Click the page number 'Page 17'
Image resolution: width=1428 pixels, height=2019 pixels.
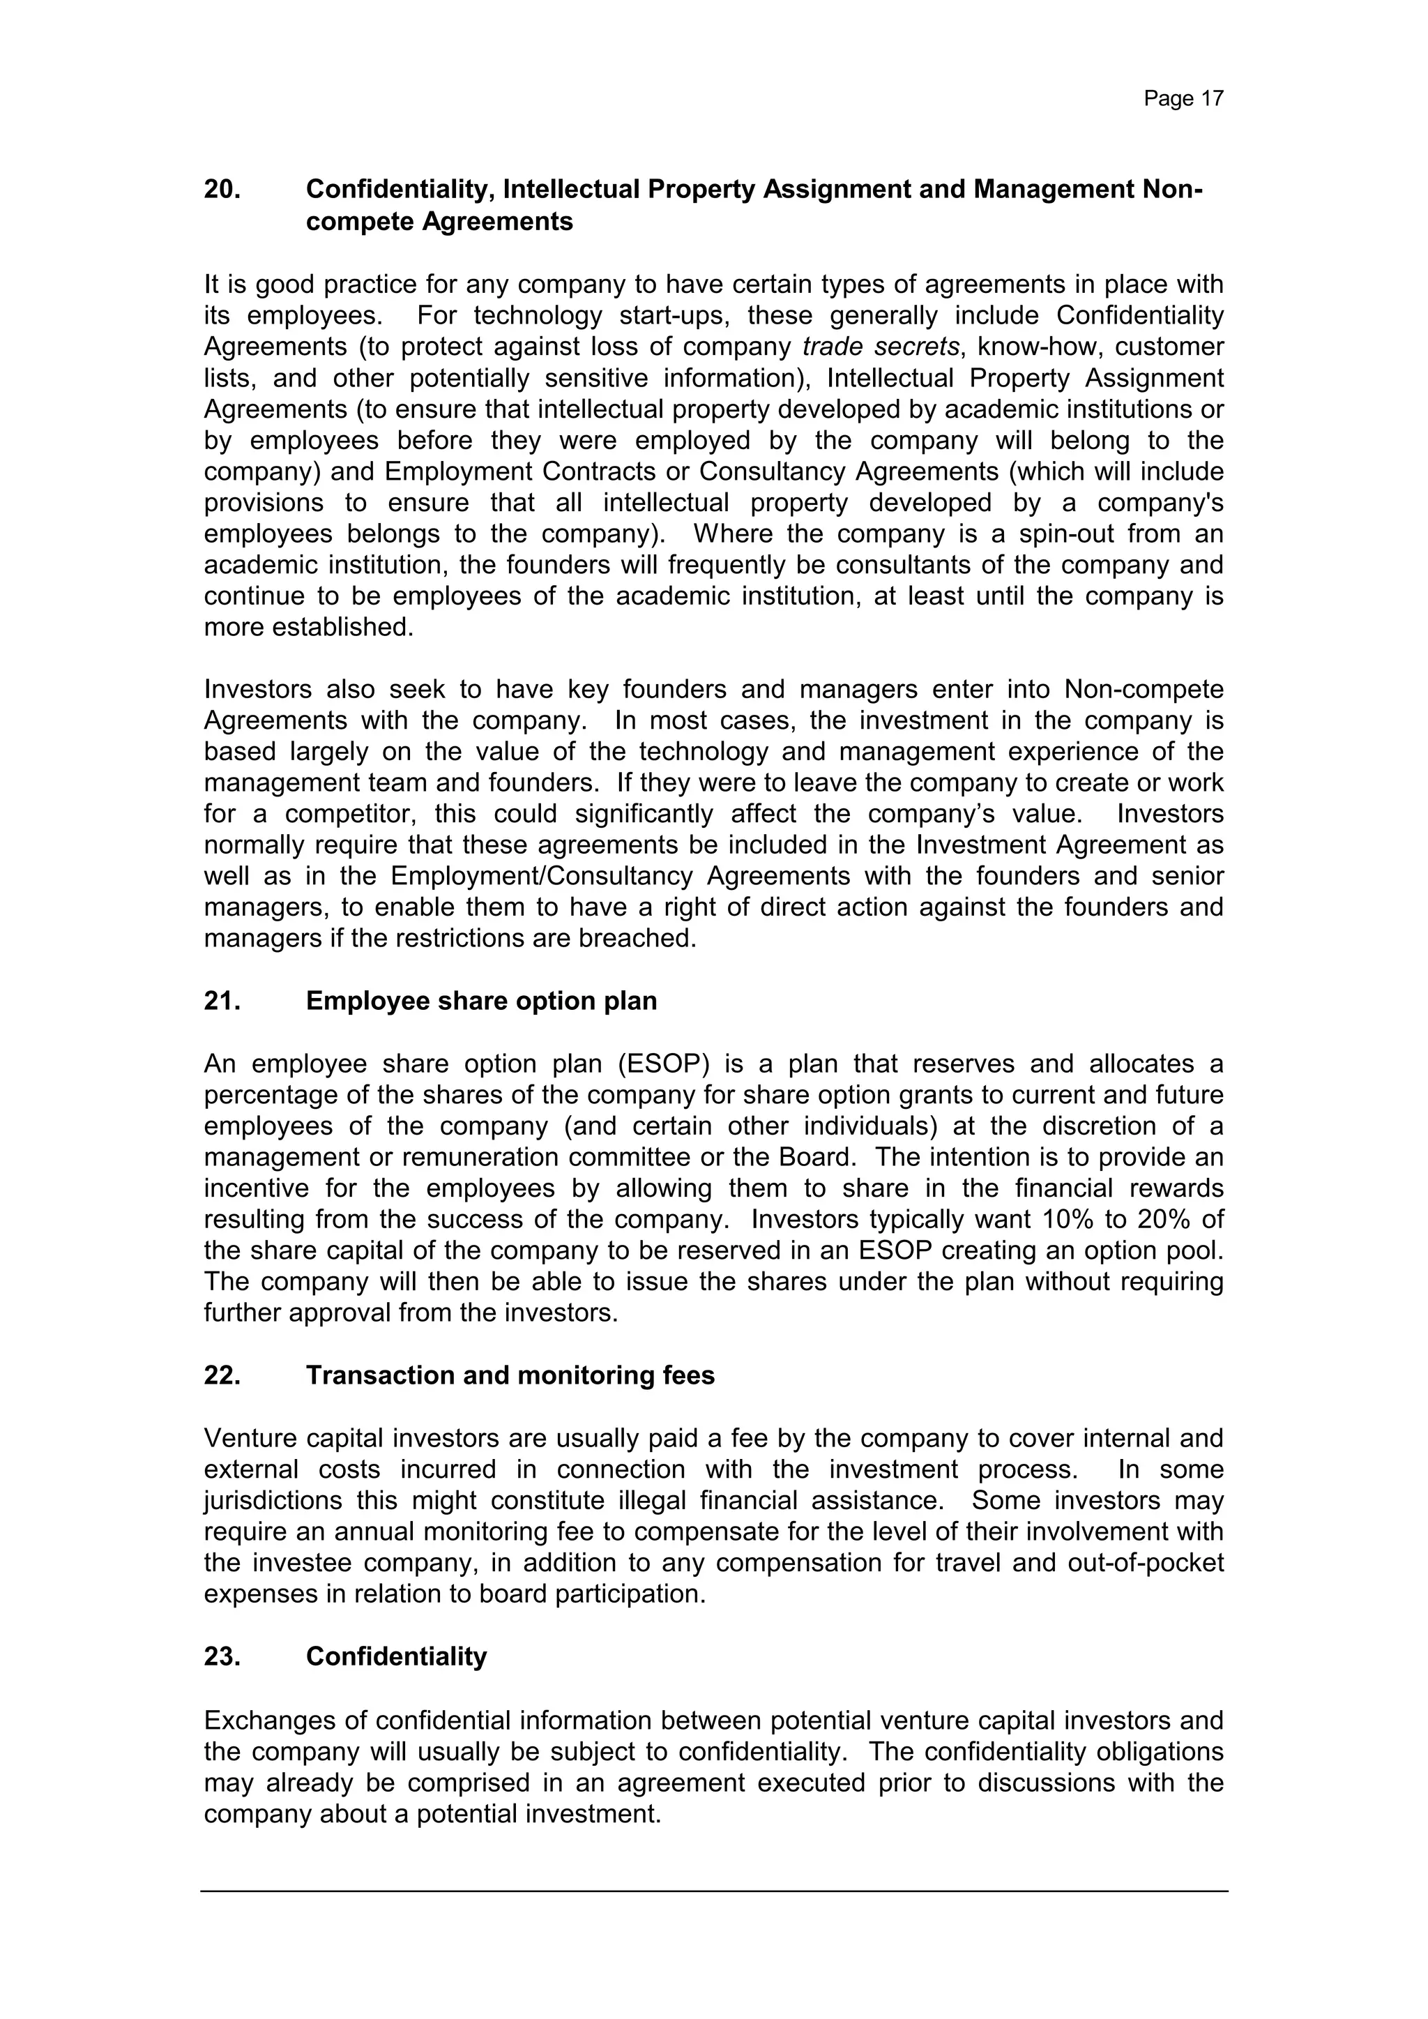[x=1183, y=98]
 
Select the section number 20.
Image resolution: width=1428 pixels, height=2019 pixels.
[x=222, y=189]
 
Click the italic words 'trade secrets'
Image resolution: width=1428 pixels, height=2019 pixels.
[x=879, y=347]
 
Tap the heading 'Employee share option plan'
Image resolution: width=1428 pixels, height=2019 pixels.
[x=481, y=1001]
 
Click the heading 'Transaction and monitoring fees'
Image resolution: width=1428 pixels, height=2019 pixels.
[x=510, y=1375]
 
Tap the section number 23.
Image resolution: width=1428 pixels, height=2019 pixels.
[x=222, y=1657]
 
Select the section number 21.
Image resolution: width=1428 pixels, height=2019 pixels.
[x=222, y=1001]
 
